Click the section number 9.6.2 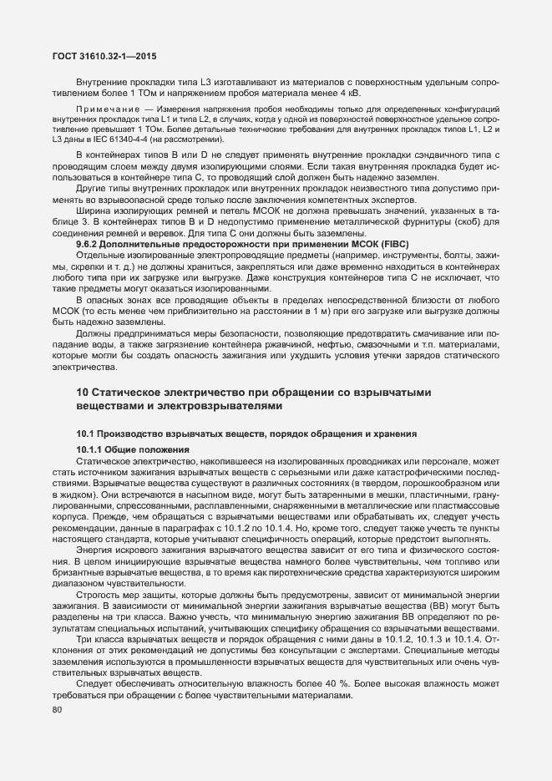pyautogui.click(x=89, y=220)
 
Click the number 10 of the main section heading pyautogui.click(x=83, y=392)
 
